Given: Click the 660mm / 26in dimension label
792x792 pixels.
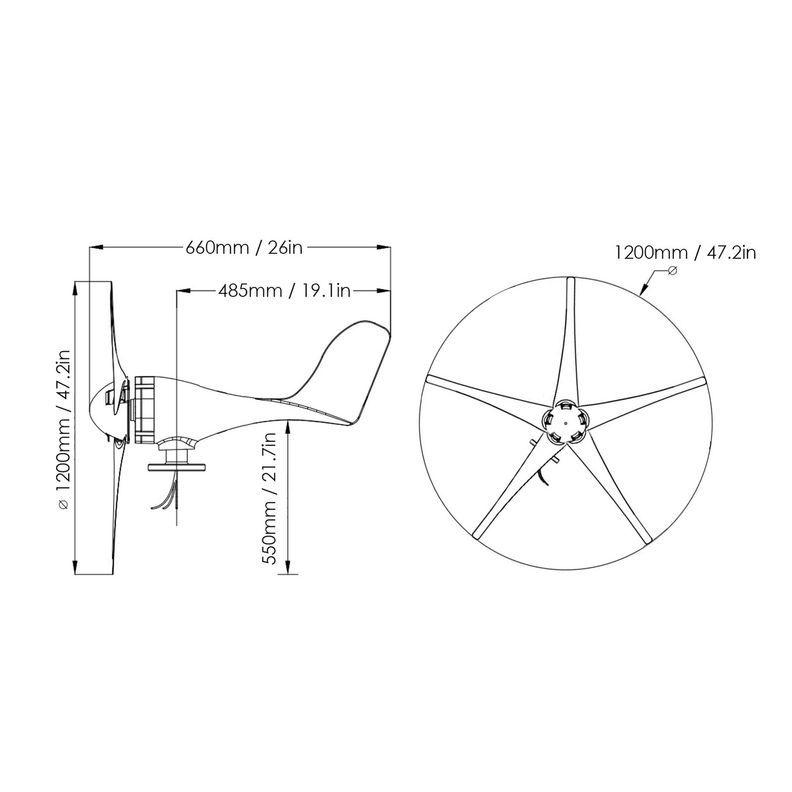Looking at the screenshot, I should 244,247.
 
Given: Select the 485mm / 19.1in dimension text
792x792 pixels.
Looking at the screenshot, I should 284,291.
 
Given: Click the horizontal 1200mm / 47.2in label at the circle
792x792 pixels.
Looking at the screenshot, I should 685,253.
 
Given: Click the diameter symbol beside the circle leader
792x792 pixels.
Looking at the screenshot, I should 672,271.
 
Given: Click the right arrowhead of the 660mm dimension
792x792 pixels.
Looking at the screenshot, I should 383,247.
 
